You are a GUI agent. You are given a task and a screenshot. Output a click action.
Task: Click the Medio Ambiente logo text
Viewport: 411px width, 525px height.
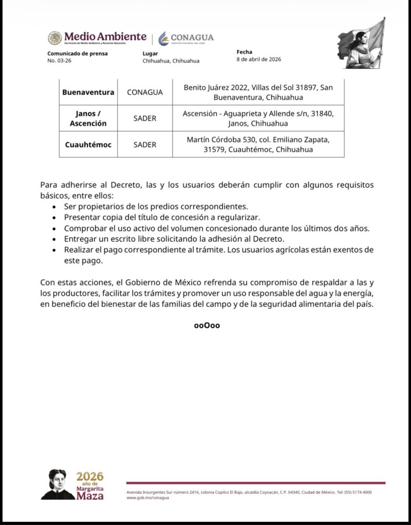pos(105,37)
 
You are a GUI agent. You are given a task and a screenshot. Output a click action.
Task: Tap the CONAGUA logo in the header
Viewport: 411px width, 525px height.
pos(186,38)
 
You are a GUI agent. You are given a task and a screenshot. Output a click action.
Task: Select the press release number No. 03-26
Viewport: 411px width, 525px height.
pos(58,60)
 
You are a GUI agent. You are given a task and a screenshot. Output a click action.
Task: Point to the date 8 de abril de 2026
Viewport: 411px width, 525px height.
pos(259,59)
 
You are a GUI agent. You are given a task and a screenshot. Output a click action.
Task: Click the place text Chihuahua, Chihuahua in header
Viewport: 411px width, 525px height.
pos(171,60)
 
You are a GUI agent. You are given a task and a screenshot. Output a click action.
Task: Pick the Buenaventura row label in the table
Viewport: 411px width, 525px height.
pos(88,92)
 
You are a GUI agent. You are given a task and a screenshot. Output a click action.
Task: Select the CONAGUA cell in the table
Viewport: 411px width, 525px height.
pos(145,92)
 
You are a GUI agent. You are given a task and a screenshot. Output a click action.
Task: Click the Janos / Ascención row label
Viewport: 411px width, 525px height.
pos(88,118)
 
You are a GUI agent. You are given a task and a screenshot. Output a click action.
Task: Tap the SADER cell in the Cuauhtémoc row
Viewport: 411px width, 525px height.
pos(145,145)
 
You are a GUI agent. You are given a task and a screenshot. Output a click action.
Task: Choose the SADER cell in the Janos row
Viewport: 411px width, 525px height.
pos(145,118)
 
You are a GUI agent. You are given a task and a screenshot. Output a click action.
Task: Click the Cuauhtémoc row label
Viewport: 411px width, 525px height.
pos(88,145)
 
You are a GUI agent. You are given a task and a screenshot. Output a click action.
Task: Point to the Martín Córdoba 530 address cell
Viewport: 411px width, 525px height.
pos(258,145)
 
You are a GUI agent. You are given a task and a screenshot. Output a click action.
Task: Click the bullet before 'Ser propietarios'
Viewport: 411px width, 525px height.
pos(55,207)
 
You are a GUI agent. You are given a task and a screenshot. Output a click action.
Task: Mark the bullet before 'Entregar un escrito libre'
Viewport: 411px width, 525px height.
pos(55,239)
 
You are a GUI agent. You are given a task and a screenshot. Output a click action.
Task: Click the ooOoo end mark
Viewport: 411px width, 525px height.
pos(207,326)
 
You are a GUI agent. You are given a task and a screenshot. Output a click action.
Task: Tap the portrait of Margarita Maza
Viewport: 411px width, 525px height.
pos(57,485)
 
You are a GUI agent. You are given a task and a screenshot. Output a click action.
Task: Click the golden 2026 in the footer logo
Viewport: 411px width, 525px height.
pos(90,476)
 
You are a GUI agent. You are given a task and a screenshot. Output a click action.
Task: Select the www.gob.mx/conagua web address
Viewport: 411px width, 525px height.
pos(147,498)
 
